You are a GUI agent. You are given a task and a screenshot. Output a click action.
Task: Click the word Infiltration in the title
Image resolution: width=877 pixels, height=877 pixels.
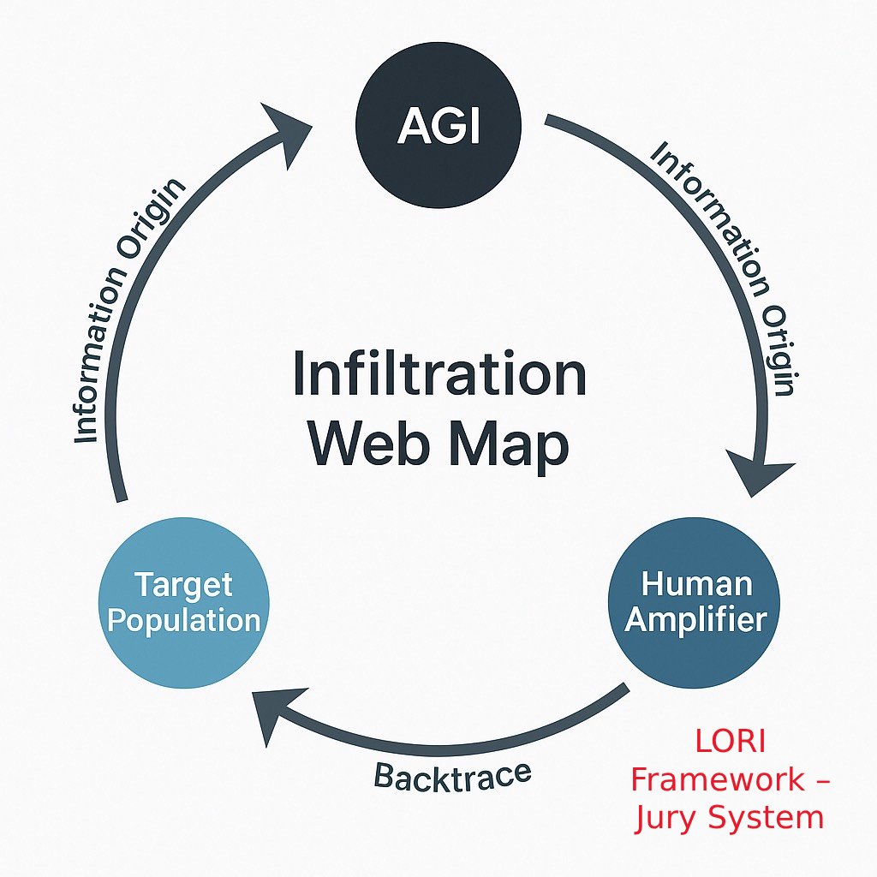[438, 375]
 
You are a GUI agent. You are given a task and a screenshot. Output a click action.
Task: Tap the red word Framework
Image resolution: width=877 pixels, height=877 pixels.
[718, 780]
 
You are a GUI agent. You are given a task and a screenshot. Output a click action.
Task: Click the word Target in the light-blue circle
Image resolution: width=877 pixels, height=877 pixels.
[183, 585]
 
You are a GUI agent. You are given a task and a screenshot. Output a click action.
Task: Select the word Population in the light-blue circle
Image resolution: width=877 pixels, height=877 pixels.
[184, 620]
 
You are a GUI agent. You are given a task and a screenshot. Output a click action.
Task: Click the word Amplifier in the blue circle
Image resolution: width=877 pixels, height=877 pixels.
[695, 619]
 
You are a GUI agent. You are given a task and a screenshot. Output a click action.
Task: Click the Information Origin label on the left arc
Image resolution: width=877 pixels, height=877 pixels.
[128, 313]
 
